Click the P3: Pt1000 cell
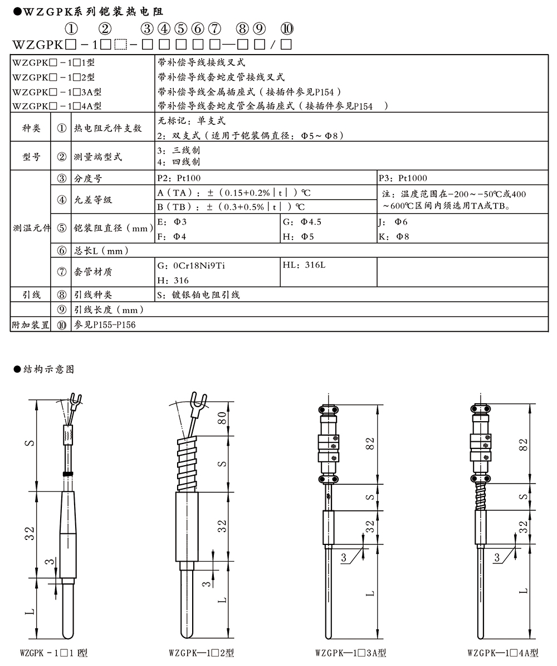coord(403,178)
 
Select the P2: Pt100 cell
coord(179,178)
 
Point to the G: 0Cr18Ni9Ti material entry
coord(192,266)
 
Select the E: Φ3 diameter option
coord(172,222)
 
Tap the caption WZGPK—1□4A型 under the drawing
coord(503,653)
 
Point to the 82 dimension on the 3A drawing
coord(370,445)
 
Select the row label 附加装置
coord(30,325)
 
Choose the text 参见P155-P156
coord(105,325)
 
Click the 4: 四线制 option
coord(179,162)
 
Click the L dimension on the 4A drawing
coord(523,590)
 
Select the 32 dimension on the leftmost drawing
coord(31,533)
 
